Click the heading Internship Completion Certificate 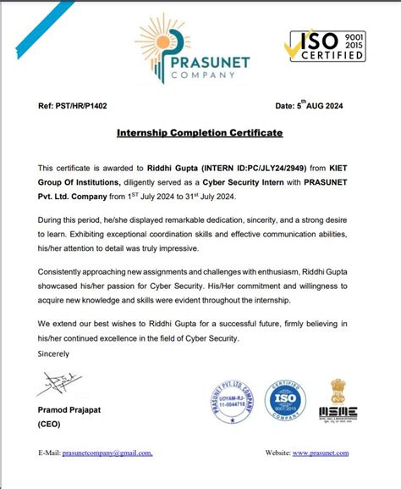click(x=200, y=133)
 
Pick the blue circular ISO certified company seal click(x=287, y=405)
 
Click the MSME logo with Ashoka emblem click(x=338, y=400)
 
